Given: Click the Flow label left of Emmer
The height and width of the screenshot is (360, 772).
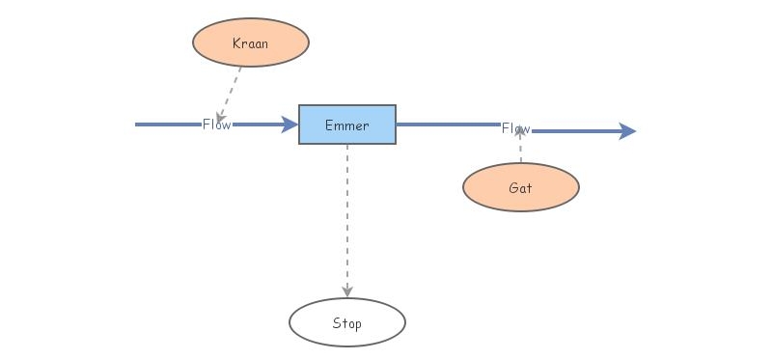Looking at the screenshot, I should pyautogui.click(x=216, y=125).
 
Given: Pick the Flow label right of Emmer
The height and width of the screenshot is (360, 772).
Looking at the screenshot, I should pyautogui.click(x=515, y=129).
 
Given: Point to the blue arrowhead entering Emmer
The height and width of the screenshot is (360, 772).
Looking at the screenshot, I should pyautogui.click(x=289, y=125).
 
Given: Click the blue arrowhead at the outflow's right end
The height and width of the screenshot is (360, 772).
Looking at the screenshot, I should pyautogui.click(x=627, y=131).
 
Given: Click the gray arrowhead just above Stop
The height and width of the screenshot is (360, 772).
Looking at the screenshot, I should pyautogui.click(x=347, y=291).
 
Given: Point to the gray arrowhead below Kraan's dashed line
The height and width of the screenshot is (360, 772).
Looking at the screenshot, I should pyautogui.click(x=221, y=117).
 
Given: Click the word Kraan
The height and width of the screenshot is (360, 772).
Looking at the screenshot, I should pyautogui.click(x=251, y=43).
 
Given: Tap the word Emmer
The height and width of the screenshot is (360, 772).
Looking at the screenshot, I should pyautogui.click(x=347, y=125).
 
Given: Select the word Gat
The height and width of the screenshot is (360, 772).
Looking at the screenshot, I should pyautogui.click(x=521, y=188).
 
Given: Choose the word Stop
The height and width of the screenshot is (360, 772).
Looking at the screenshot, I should pyautogui.click(x=347, y=323).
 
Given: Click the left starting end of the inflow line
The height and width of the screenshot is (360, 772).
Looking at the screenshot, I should pyautogui.click(x=138, y=125).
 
